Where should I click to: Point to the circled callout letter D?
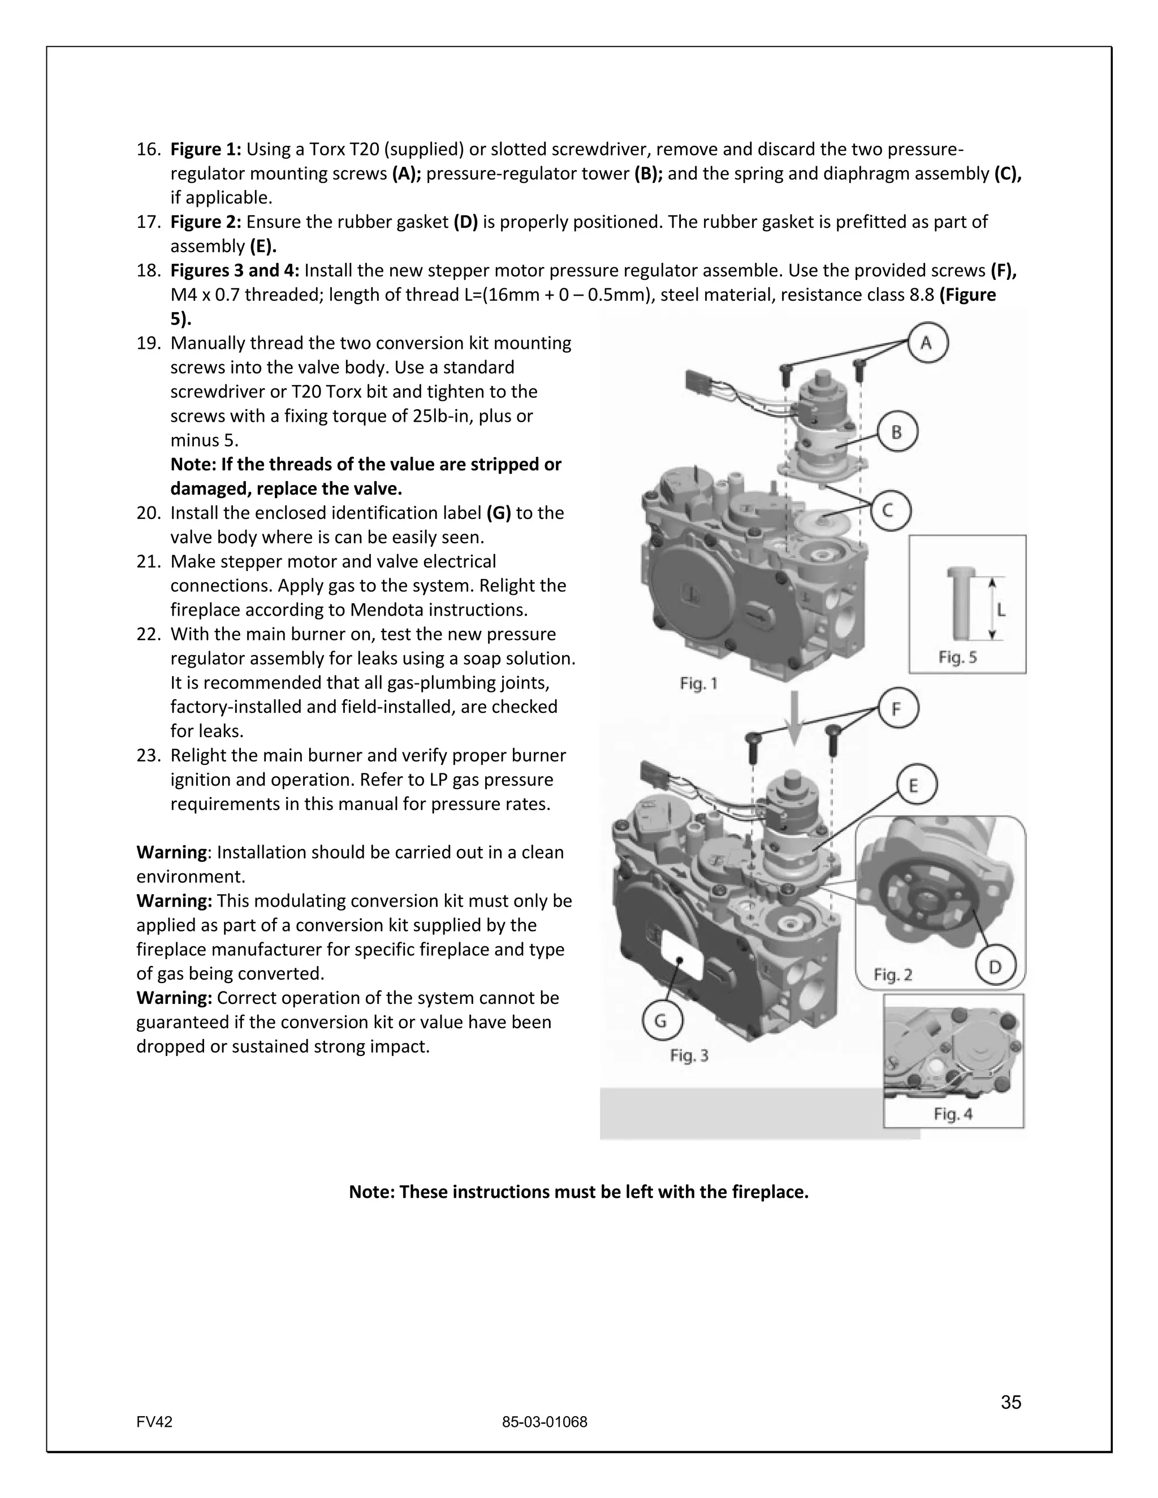995,967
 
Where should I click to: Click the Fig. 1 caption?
698,683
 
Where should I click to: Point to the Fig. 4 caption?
953,1114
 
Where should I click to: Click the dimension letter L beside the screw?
1001,610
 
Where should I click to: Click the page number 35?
1010,1402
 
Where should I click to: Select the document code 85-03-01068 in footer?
545,1422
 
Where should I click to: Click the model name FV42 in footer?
154,1422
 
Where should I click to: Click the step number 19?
148,343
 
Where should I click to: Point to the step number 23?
148,755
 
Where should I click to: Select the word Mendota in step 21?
382,610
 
